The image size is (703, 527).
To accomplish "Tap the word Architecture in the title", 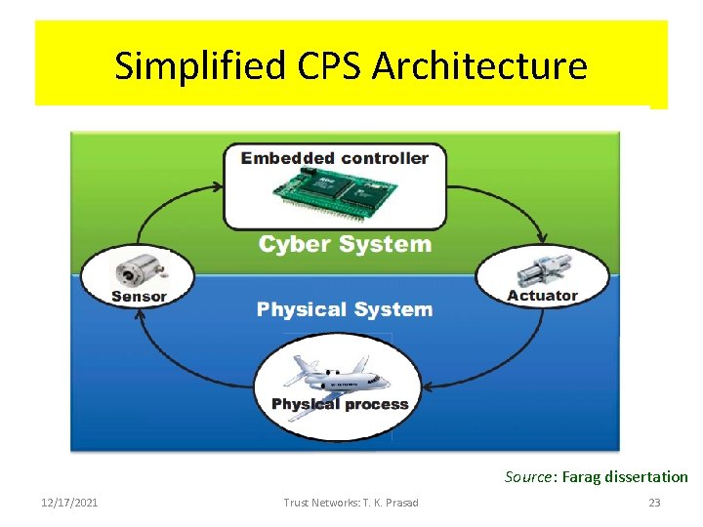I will [x=480, y=66].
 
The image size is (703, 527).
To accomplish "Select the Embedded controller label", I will [x=335, y=158].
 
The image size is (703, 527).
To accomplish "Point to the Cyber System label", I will [x=344, y=244].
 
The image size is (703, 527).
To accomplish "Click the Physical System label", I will [x=344, y=309].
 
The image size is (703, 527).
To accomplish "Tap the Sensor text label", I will [x=139, y=296].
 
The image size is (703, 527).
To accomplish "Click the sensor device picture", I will [x=138, y=268].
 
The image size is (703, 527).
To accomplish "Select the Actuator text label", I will [x=542, y=296].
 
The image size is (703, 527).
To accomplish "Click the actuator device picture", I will [x=542, y=269].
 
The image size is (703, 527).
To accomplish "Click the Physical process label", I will [x=340, y=404].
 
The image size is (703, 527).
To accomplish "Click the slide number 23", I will [x=655, y=503].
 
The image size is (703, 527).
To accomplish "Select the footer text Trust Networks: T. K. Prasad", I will [x=351, y=503].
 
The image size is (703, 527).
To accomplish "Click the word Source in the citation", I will [x=528, y=477].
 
